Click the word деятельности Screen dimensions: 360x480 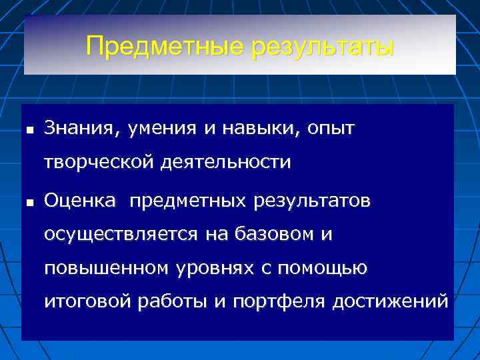click(225, 163)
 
